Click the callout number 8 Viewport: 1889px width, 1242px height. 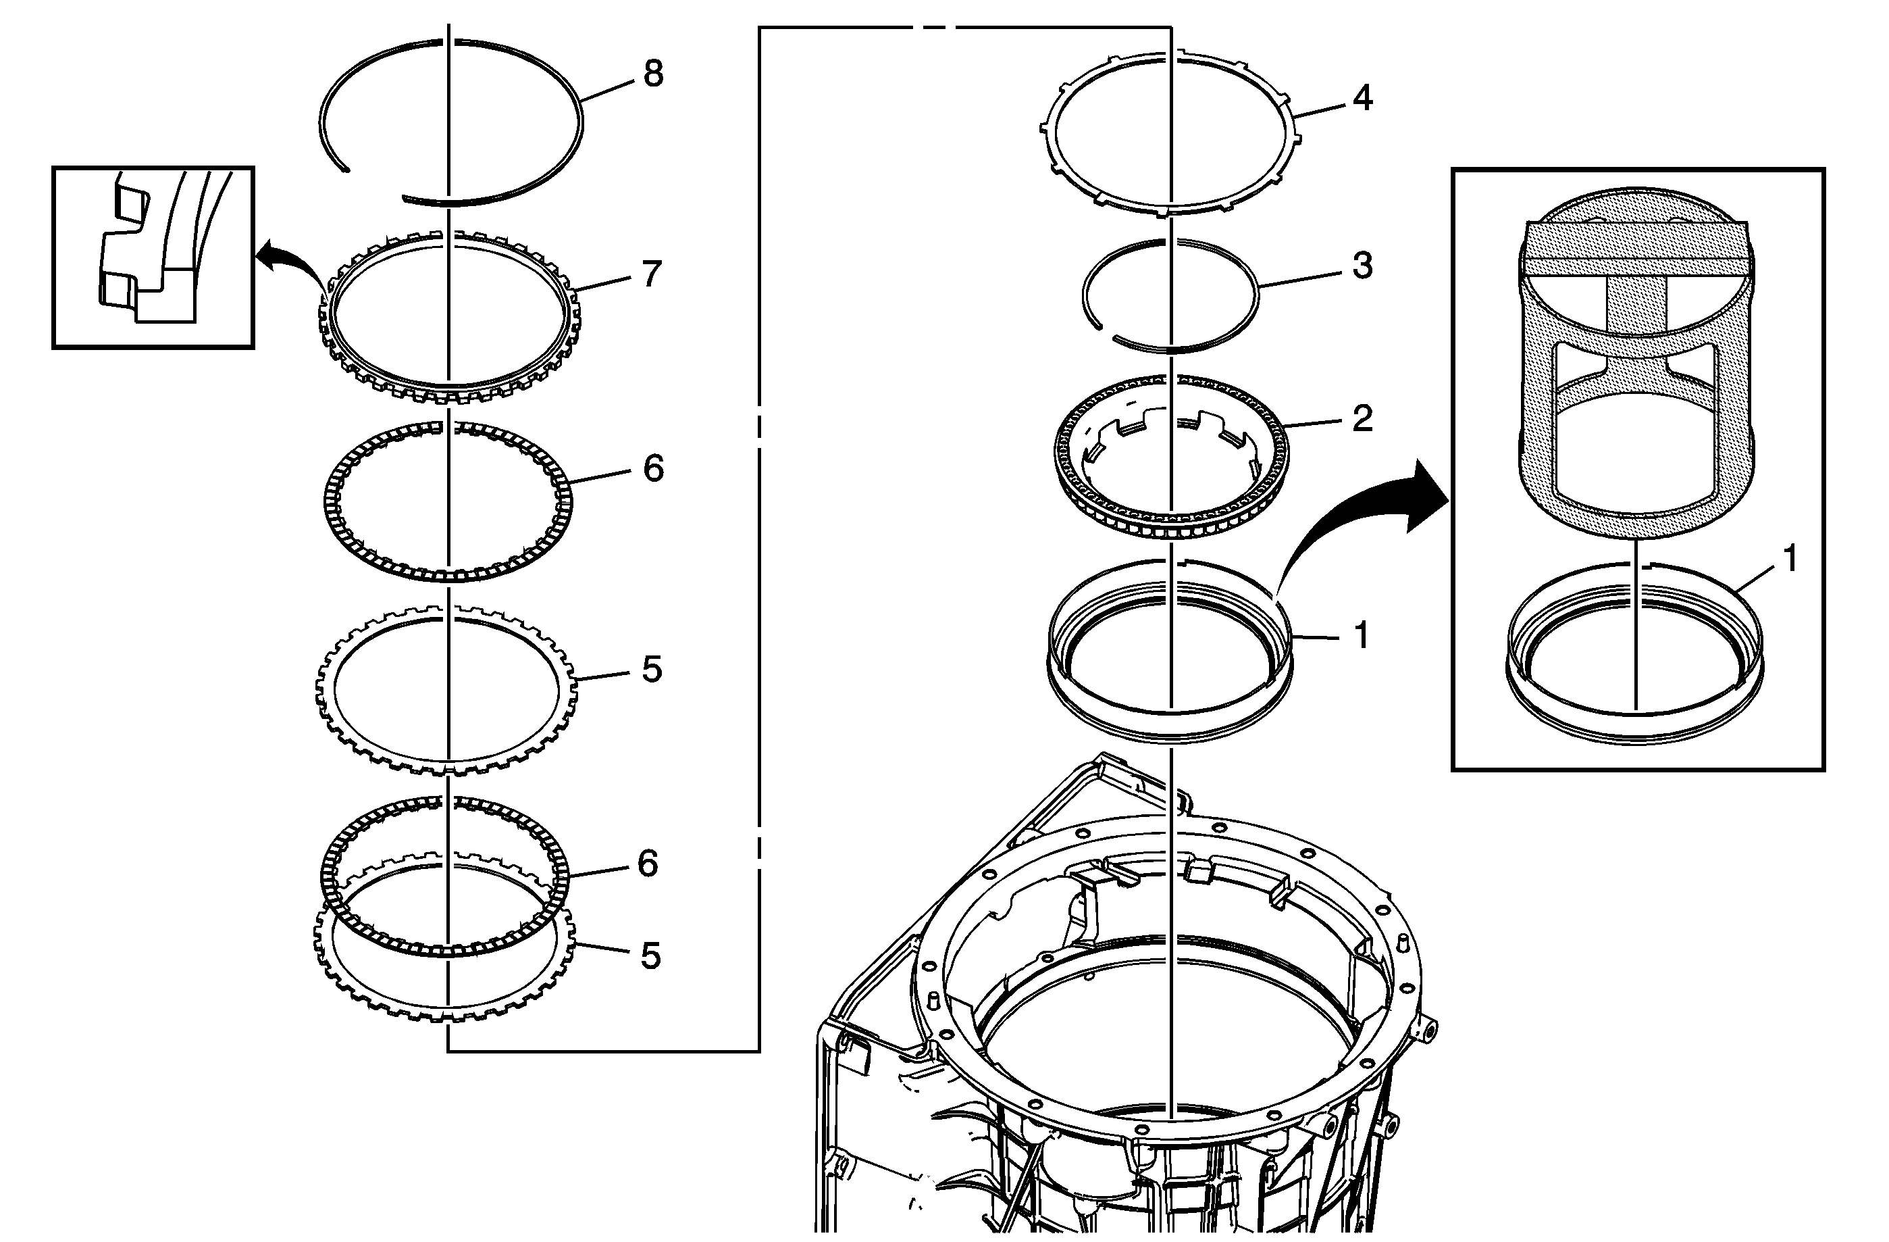coord(653,74)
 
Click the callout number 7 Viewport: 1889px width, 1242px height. coord(652,275)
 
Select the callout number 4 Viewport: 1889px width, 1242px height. coord(1362,98)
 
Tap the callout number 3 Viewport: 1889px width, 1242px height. coord(1362,266)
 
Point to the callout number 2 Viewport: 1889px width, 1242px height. coord(1362,418)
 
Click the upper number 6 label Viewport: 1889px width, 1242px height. coord(653,468)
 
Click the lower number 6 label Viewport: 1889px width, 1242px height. coord(648,863)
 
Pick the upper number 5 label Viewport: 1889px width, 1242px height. coord(652,670)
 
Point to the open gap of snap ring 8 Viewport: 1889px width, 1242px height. coord(373,185)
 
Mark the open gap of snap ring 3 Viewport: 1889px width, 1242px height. coord(1106,329)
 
